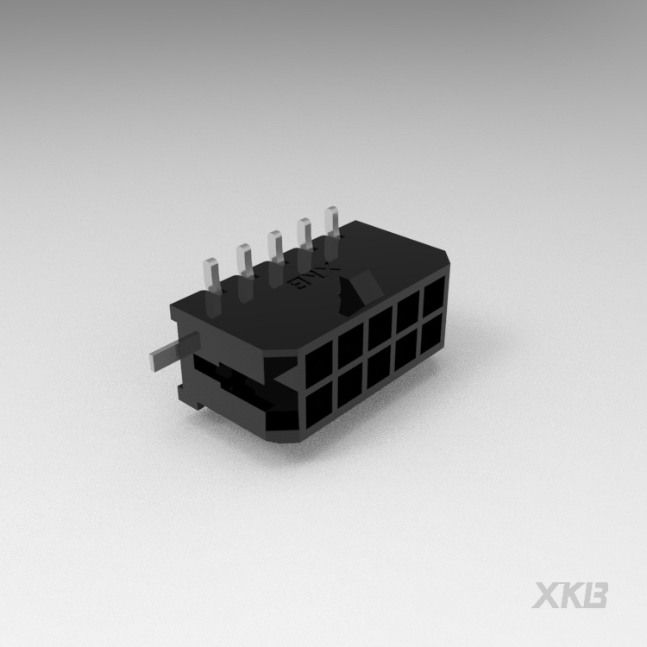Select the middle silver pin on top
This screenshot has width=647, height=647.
274,247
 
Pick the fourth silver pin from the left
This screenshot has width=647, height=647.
304,235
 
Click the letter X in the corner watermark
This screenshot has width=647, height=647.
546,594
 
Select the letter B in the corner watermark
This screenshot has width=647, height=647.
594,594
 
